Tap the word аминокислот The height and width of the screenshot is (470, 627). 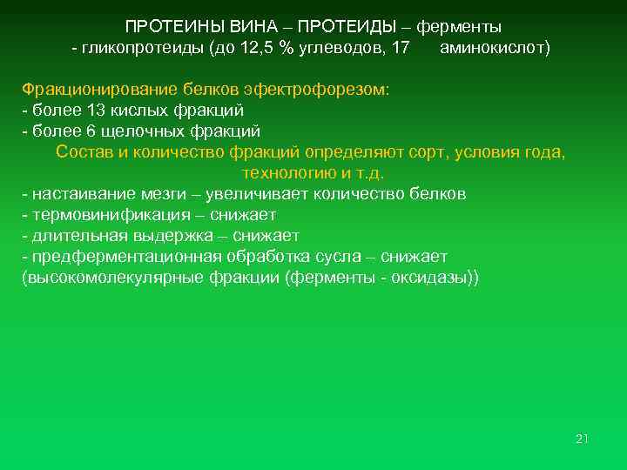[x=493, y=48]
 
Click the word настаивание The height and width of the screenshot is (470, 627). [x=74, y=194]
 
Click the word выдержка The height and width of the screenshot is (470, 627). [x=172, y=236]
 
